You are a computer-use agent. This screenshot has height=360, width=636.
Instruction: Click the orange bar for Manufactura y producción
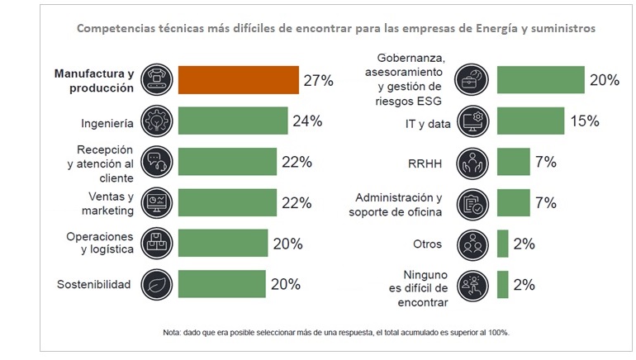[239, 80]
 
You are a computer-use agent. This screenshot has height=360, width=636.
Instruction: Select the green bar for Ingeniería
[232, 121]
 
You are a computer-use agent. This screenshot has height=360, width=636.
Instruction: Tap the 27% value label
[317, 80]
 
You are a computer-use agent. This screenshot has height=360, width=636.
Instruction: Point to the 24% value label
[306, 121]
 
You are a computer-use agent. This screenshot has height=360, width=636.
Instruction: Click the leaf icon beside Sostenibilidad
[156, 285]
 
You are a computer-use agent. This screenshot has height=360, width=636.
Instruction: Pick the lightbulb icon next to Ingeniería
[156, 121]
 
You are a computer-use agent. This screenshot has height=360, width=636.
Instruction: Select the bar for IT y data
[530, 121]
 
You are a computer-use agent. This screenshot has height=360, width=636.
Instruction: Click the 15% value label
[583, 121]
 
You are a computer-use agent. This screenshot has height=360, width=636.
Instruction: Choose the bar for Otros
[502, 244]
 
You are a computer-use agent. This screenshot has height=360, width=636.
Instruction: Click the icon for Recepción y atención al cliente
[156, 162]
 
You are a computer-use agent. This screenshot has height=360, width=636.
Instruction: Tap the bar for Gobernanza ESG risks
[541, 80]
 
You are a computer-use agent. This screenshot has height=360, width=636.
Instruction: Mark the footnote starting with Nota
[336, 333]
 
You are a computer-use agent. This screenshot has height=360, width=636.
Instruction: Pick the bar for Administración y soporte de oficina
[513, 202]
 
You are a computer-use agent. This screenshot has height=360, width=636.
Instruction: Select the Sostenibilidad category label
[94, 285]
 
